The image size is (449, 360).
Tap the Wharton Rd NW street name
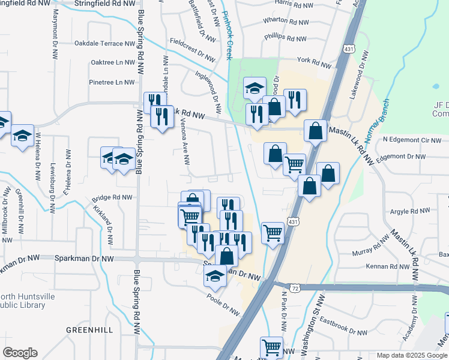click(x=285, y=22)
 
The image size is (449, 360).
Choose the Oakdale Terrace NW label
click(x=104, y=44)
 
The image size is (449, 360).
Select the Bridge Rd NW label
click(x=112, y=197)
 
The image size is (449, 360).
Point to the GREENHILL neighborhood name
click(x=89, y=330)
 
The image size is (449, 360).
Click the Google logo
click(x=20, y=353)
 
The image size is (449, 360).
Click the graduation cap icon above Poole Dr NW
click(x=215, y=275)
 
